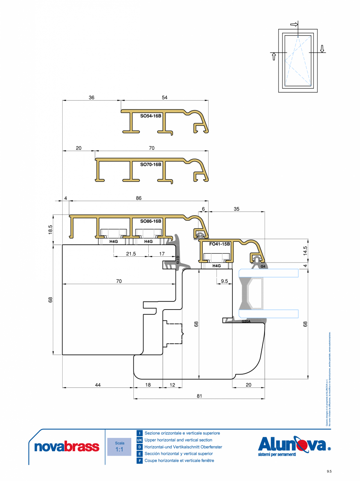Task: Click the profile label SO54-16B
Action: pyautogui.click(x=151, y=116)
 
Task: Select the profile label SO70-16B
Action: pyautogui.click(x=151, y=164)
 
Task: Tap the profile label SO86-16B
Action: pyautogui.click(x=151, y=221)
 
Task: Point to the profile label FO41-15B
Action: pyautogui.click(x=220, y=244)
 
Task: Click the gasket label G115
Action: pyautogui.click(x=177, y=260)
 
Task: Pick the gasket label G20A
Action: pyautogui.click(x=246, y=321)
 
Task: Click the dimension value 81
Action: pyautogui.click(x=199, y=396)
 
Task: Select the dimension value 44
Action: pyautogui.click(x=98, y=385)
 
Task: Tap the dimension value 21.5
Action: pyautogui.click(x=131, y=254)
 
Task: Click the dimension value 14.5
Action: pyautogui.click(x=305, y=250)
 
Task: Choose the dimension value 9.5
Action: pyautogui.click(x=224, y=281)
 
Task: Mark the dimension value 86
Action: pyautogui.click(x=139, y=198)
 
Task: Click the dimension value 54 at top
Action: pyautogui.click(x=164, y=98)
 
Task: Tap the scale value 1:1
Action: pyautogui.click(x=119, y=450)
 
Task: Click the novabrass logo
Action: pyautogui.click(x=67, y=447)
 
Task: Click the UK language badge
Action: pyautogui.click(x=139, y=440)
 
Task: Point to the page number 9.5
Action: pyautogui.click(x=329, y=471)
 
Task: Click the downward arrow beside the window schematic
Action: pyautogui.click(x=322, y=48)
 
